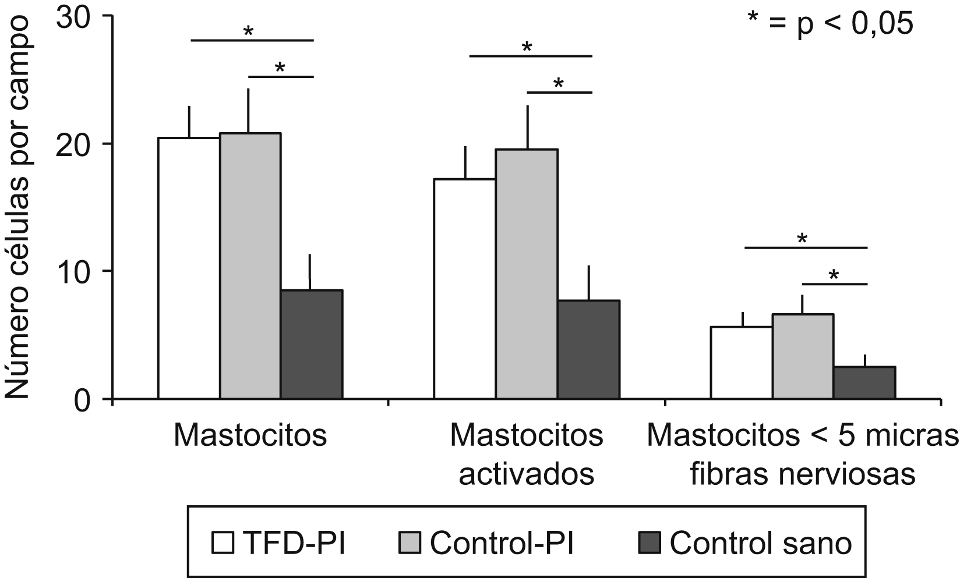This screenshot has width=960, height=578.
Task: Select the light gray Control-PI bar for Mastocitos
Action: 250,266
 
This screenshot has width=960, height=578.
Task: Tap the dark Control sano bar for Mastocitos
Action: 311,344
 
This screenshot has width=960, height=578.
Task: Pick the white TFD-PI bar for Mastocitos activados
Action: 465,289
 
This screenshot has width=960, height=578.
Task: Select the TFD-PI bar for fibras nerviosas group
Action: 742,363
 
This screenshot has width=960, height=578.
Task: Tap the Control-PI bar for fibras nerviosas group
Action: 803,356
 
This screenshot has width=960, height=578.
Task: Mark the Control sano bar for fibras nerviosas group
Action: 864,382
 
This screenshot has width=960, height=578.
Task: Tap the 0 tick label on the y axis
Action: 89,399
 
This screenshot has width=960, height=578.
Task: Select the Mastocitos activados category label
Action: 527,455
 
